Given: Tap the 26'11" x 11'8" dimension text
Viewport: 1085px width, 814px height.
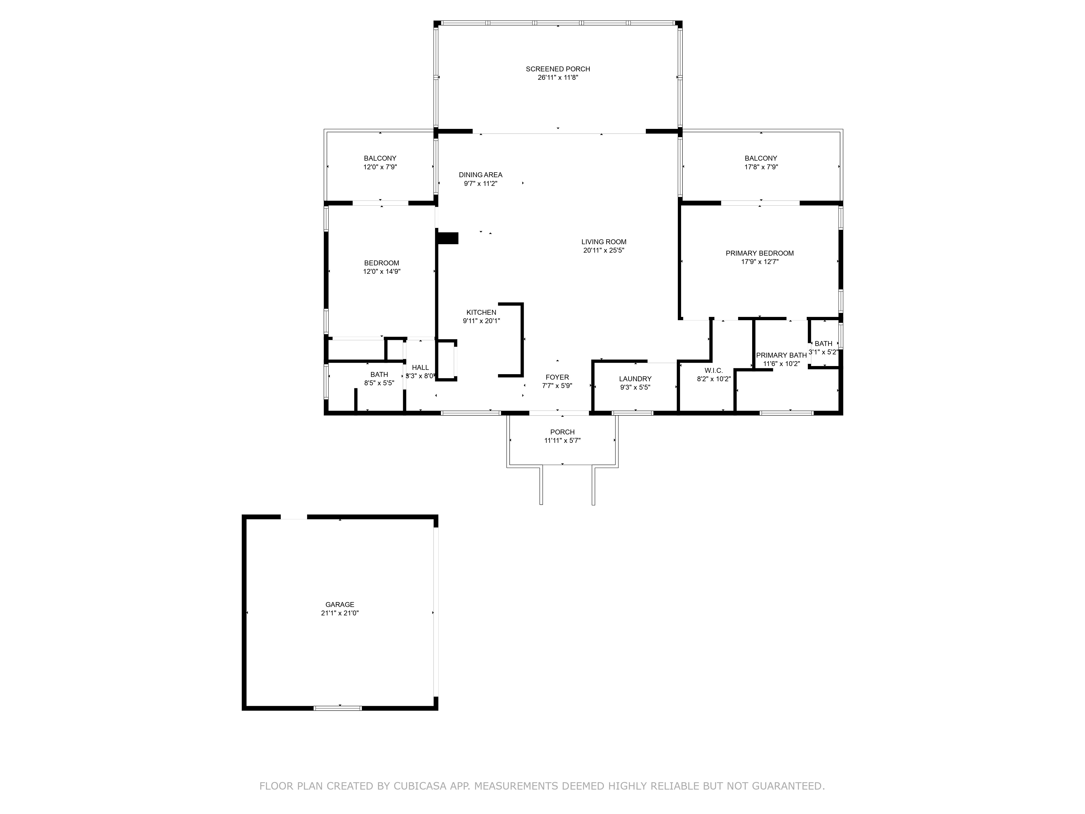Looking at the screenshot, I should (558, 78).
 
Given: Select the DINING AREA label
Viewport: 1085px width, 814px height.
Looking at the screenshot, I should (480, 175).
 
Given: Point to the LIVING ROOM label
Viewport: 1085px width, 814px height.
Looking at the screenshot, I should (604, 241).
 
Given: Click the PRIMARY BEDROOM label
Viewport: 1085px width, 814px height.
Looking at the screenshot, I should (759, 253).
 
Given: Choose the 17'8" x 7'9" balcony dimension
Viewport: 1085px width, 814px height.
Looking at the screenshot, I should (761, 167).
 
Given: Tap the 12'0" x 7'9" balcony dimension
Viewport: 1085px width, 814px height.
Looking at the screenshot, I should (380, 167).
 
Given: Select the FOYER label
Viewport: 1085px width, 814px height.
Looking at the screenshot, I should (557, 377).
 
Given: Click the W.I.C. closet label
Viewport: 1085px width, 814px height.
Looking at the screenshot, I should (713, 370).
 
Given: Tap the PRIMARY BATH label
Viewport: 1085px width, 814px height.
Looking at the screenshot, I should (781, 355).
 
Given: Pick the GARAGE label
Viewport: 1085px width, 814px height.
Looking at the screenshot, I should (339, 605).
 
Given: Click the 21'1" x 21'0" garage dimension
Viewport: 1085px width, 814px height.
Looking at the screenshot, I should (339, 613).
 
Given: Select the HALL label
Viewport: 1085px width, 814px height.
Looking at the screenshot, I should (420, 367).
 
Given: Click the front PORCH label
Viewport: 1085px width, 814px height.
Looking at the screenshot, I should (562, 432).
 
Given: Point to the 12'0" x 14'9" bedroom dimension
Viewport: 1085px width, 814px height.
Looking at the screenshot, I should (382, 271).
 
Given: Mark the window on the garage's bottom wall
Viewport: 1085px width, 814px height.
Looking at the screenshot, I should (337, 708).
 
